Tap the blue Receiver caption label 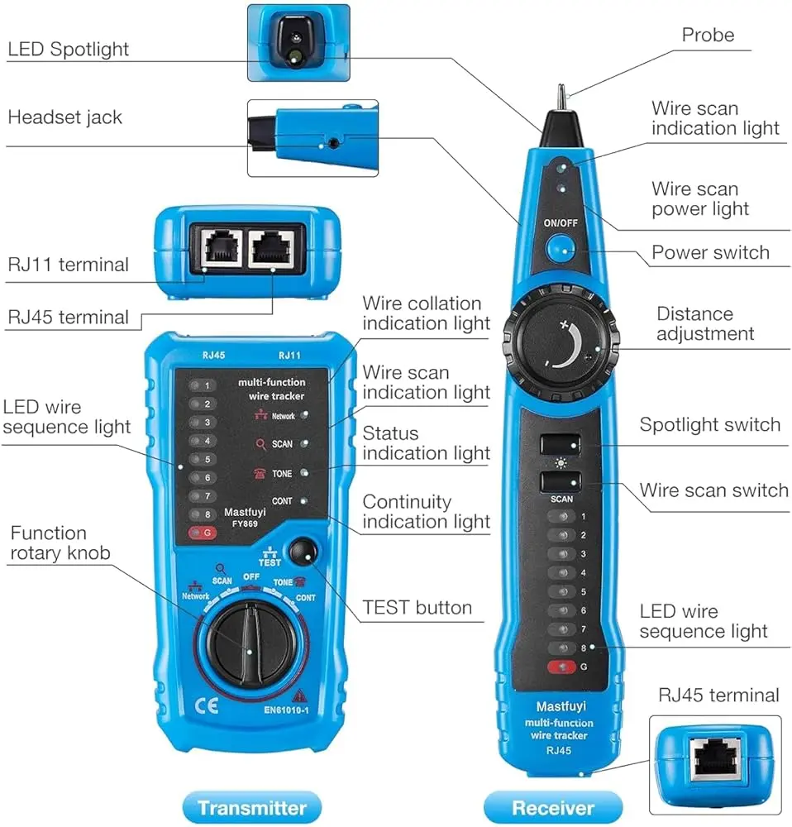tap(552, 807)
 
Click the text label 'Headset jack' tap(64, 117)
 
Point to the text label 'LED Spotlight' tap(69, 50)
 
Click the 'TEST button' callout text tap(417, 608)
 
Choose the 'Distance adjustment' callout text tap(704, 323)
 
